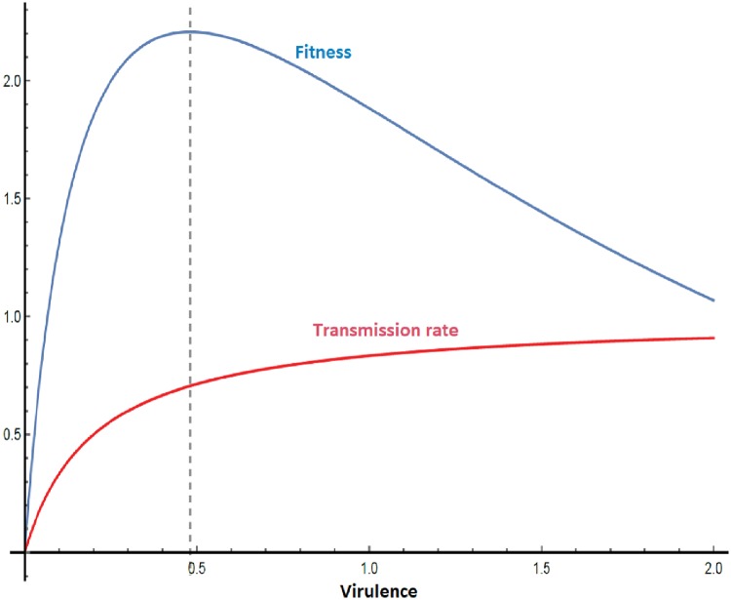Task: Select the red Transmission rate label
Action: [386, 329]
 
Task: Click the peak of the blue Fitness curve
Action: [189, 32]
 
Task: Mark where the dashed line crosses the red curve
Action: [189, 386]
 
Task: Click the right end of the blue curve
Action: [713, 300]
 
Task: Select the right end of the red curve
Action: [713, 338]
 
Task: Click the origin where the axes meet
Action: [25, 552]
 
